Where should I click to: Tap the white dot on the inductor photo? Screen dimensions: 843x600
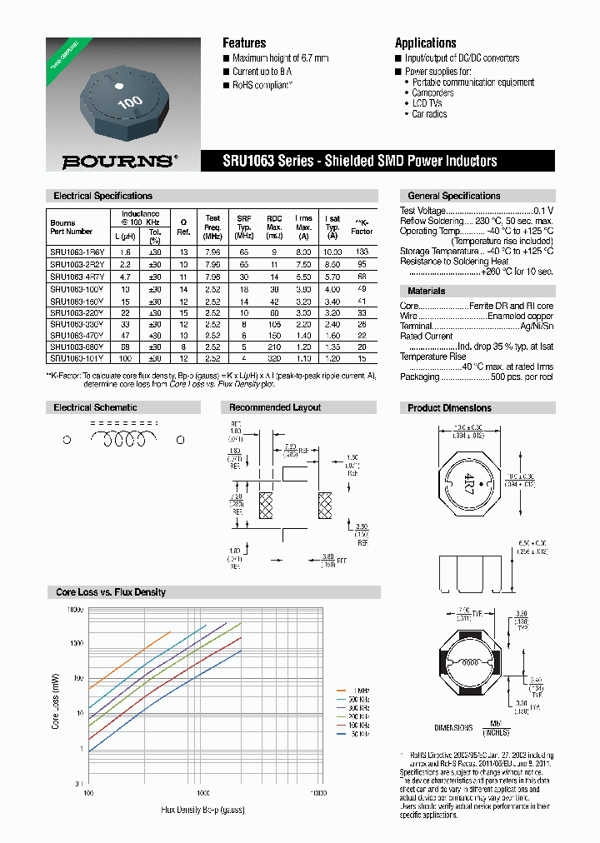point(117,86)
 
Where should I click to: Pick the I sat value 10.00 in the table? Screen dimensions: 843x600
point(332,252)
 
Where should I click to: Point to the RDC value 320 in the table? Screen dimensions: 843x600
point(274,357)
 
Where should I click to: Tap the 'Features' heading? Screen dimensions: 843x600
point(244,43)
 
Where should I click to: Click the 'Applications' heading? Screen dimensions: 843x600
point(425,43)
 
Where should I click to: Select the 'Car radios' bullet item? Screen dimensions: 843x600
point(429,114)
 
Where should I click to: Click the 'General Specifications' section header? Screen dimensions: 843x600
point(453,196)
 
